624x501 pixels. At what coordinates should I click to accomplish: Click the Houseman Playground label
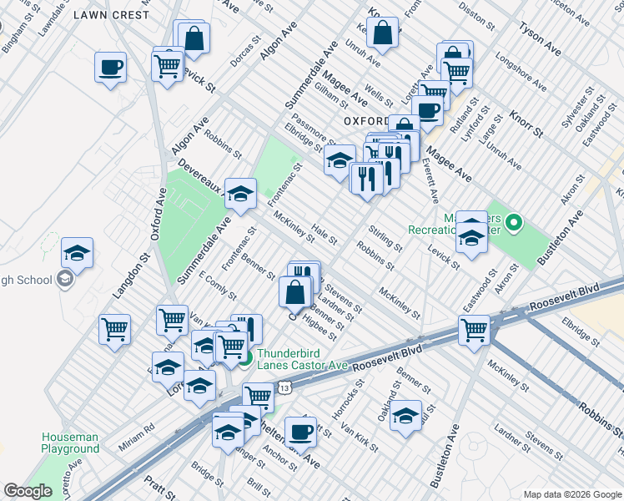pyautogui.click(x=70, y=443)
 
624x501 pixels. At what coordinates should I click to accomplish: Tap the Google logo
pyautogui.click(x=28, y=491)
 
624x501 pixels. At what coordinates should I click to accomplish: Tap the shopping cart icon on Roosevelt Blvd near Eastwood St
pyautogui.click(x=474, y=330)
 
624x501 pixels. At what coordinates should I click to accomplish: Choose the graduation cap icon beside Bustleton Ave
pyautogui.click(x=406, y=415)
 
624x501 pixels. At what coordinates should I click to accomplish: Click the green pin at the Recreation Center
pyautogui.click(x=515, y=222)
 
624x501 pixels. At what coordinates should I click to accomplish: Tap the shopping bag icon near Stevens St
pyautogui.click(x=295, y=292)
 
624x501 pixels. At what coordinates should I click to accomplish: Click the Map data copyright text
pyautogui.click(x=571, y=493)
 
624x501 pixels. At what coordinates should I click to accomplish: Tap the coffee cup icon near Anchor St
pyautogui.click(x=300, y=432)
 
